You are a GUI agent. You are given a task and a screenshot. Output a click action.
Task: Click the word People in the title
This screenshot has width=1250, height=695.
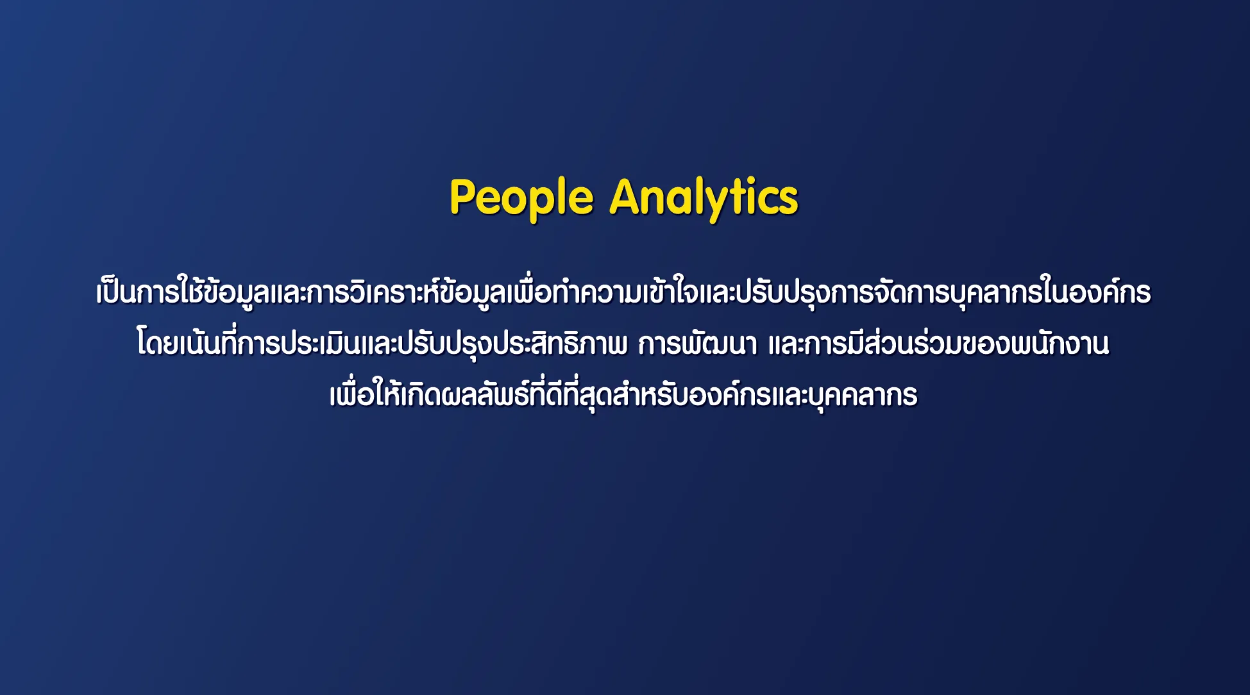pyautogui.click(x=521, y=199)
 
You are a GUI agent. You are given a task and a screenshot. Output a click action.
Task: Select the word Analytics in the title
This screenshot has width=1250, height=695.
pyautogui.click(x=704, y=199)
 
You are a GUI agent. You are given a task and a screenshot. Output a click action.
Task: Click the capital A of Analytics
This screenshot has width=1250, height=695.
pyautogui.click(x=626, y=196)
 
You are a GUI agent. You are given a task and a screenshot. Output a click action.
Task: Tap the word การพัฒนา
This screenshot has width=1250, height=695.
pyautogui.click(x=698, y=343)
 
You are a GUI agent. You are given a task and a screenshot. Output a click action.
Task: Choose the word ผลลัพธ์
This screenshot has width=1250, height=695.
pyautogui.click(x=485, y=394)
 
